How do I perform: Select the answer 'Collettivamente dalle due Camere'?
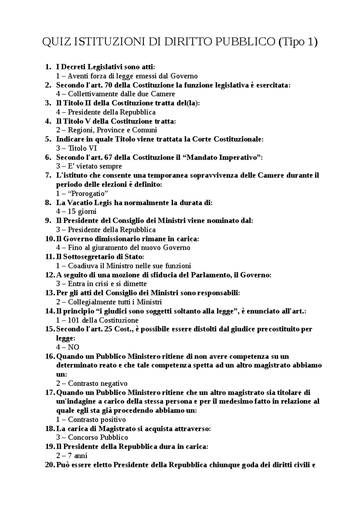(121, 94)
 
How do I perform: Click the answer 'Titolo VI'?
(82, 148)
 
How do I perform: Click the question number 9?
(48, 221)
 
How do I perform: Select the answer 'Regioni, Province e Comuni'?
(112, 130)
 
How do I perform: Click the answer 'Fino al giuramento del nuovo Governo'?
(129, 248)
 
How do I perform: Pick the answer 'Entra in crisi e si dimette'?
(107, 284)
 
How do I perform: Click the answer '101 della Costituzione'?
(103, 320)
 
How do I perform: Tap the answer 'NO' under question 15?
(73, 347)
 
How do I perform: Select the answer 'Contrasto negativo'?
(97, 383)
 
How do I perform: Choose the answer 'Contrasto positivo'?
(97, 420)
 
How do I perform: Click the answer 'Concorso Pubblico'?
(98, 438)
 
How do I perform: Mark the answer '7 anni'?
(77, 456)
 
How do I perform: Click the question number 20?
(49, 465)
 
